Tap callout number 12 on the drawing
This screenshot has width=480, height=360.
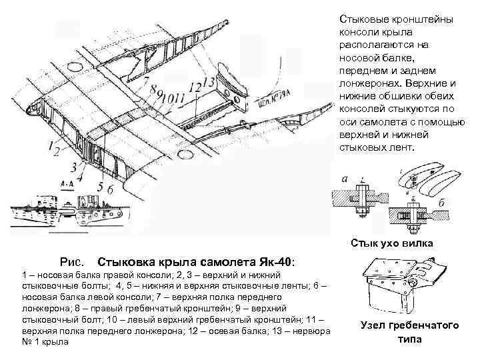click(194, 87)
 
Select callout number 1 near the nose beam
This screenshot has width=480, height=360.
click(51, 144)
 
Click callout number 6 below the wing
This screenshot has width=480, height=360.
click(110, 191)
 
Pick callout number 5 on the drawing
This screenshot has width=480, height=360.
click(100, 187)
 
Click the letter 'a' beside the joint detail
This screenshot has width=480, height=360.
click(344, 179)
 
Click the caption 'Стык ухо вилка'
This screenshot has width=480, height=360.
click(391, 243)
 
